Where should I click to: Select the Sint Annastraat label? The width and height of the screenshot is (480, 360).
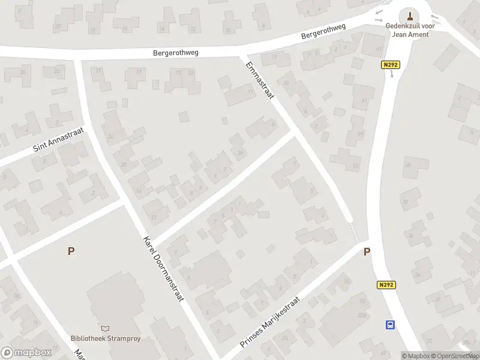click(58, 139)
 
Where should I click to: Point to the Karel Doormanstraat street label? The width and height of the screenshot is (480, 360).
click(163, 269)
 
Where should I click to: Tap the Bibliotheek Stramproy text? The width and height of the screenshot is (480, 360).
click(106, 338)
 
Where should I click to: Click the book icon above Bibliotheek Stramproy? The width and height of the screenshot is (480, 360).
click(106, 328)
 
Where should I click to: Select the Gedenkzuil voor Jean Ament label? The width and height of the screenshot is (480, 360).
click(410, 31)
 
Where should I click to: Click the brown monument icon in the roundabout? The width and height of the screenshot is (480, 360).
click(410, 15)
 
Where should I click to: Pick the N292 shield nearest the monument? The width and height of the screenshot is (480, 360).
click(391, 64)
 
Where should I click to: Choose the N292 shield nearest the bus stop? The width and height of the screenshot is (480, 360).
click(387, 285)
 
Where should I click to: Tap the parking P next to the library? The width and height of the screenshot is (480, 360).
click(71, 251)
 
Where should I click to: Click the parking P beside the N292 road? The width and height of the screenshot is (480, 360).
click(367, 253)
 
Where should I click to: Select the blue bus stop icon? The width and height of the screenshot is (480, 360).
click(390, 325)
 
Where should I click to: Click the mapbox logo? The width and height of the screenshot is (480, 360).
click(26, 352)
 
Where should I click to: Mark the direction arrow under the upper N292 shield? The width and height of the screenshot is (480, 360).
click(392, 74)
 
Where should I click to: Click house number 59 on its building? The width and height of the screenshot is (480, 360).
click(359, 134)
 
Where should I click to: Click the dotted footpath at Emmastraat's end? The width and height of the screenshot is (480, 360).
click(354, 233)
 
